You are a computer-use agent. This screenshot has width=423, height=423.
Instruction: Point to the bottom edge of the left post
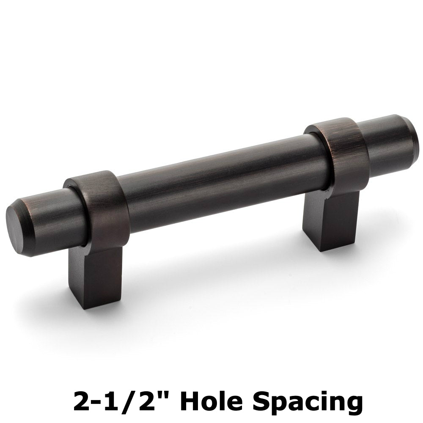click(87, 305)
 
